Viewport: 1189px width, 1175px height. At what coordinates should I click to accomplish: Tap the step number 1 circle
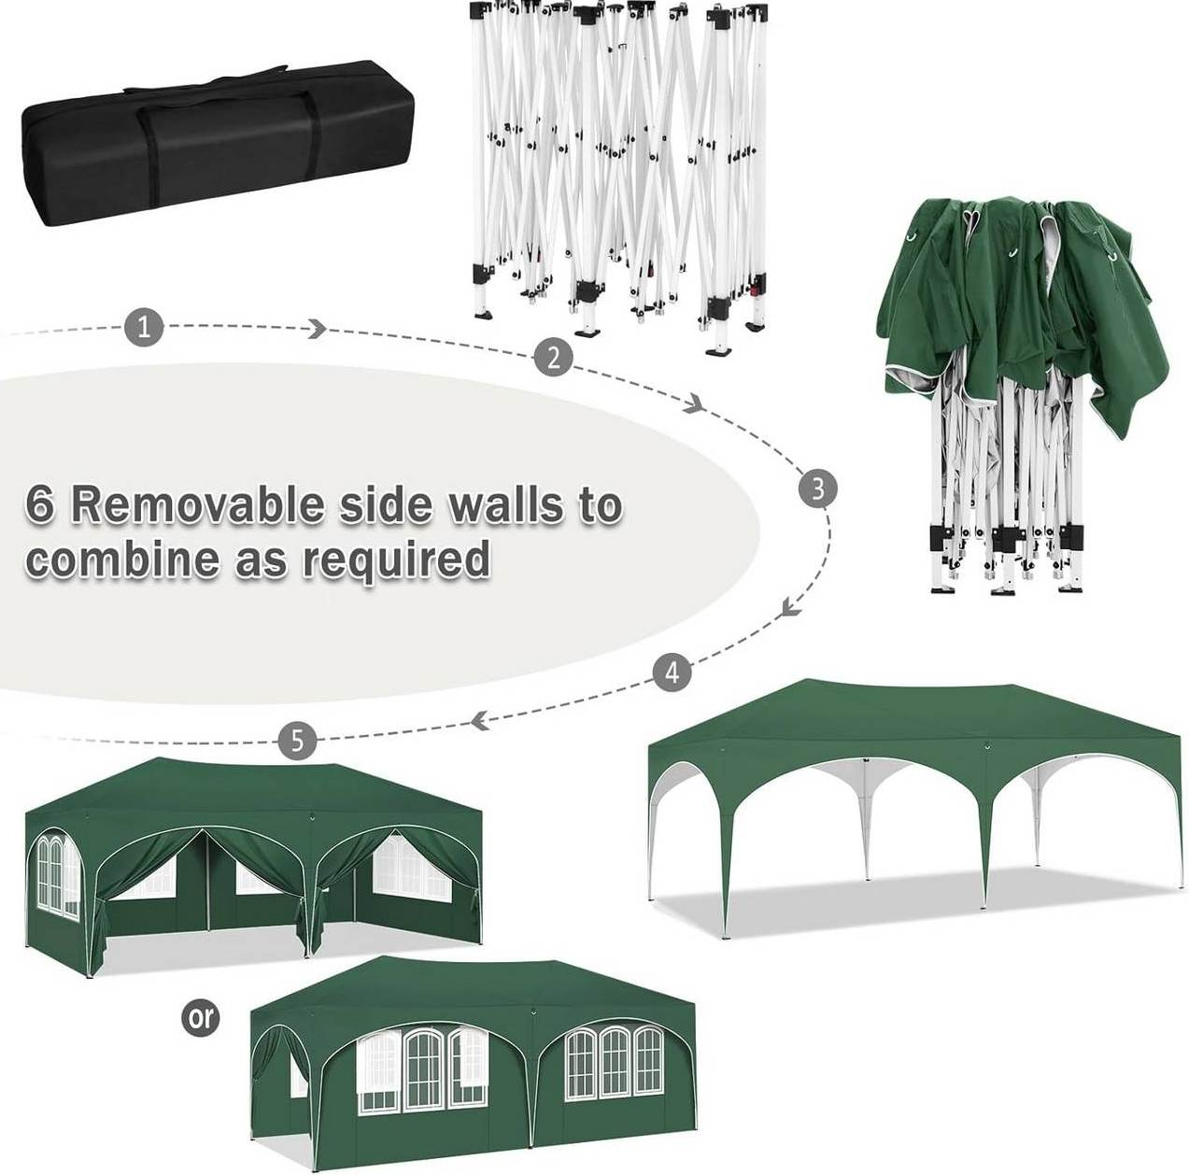click(x=144, y=327)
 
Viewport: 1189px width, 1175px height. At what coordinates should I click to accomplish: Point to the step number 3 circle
click(x=817, y=488)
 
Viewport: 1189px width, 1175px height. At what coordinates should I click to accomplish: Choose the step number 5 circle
click(x=297, y=741)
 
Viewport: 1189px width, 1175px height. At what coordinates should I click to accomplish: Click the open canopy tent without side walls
click(x=917, y=814)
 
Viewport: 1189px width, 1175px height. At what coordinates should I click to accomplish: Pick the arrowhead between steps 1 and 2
click(x=318, y=329)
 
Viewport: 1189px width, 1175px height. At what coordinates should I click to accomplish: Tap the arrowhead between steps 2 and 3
click(x=696, y=403)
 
